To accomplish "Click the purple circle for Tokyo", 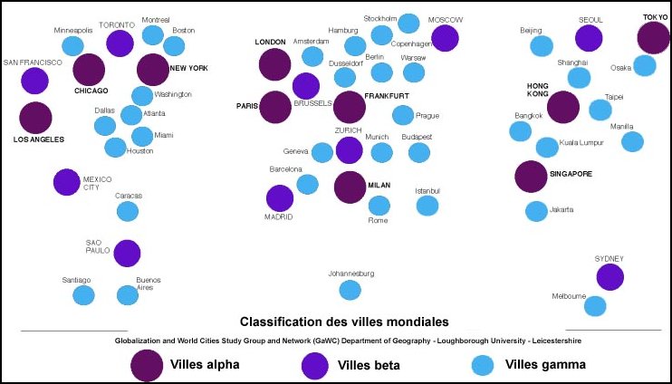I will coord(653,38).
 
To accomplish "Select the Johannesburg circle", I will coord(349,290).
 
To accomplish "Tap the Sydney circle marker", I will coord(610,277).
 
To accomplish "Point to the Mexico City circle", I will coord(66,181).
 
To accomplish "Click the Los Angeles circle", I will coord(35,118).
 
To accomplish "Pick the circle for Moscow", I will coord(445,38).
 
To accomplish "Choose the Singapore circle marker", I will coord(531,176).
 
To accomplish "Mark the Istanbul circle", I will coord(427,206).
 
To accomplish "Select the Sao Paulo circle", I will coord(127,254).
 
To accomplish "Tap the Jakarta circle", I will coord(536,211).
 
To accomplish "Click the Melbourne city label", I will coord(570,297).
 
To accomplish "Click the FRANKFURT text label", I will coord(387,95).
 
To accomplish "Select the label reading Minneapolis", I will coord(73,30).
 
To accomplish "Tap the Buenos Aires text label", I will coord(148,283).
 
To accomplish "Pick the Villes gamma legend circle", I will coord(483,365).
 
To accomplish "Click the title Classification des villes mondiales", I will coord(344,321).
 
